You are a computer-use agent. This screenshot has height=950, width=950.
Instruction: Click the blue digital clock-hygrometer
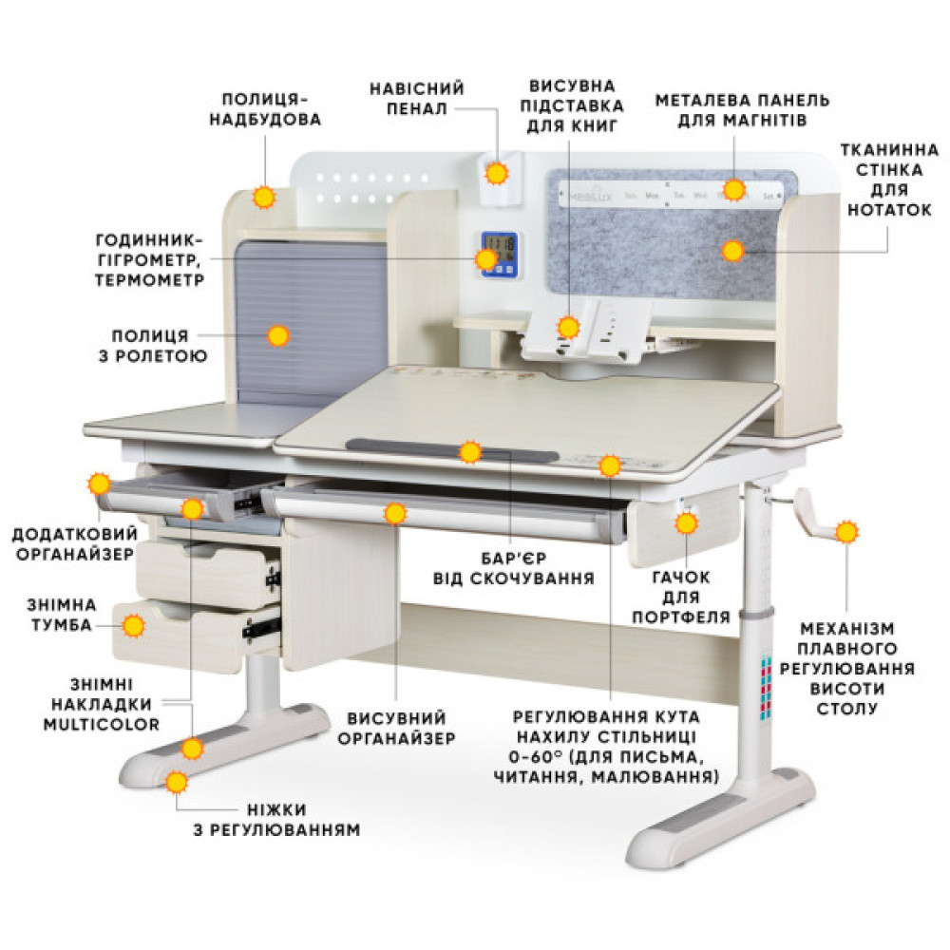coord(500,255)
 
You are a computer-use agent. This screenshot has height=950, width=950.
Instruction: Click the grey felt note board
coord(673,235)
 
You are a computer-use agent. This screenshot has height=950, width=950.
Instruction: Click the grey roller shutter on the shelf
coord(311,321)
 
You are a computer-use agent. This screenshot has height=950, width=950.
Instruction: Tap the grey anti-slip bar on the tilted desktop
coord(452,450)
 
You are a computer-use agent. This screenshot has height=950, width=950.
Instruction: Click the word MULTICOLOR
coord(102,724)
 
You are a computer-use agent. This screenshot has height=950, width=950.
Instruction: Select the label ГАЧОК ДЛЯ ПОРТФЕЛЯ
coord(681,597)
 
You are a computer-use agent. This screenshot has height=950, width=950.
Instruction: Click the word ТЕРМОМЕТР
coord(149,280)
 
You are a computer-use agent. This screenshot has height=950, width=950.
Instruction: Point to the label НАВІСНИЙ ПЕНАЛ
coord(417,98)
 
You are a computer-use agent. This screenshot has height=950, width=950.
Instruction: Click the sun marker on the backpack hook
coord(687,522)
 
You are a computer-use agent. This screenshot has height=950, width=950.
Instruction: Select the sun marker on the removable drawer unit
coord(133,625)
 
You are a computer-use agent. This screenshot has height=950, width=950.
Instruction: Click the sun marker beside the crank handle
coord(846,532)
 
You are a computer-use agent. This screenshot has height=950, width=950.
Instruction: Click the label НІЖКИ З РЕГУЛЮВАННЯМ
coord(276,819)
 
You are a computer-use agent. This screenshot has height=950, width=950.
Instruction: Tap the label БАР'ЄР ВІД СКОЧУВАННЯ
coord(514,568)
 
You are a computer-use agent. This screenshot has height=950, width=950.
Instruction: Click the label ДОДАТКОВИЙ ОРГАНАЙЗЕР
coord(75,543)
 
